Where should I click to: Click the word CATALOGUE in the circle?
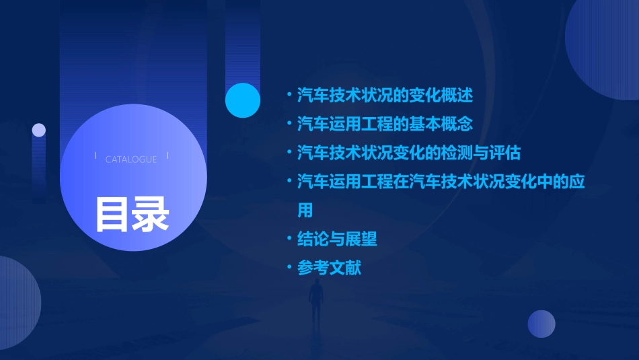pyautogui.click(x=131, y=159)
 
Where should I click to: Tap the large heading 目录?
pyautogui.click(x=132, y=214)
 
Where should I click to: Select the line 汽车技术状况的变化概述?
pyautogui.click(x=385, y=95)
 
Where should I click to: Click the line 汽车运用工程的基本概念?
pyautogui.click(x=385, y=124)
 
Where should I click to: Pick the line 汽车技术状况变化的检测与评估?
pyautogui.click(x=408, y=152)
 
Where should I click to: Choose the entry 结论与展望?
pyautogui.click(x=337, y=239)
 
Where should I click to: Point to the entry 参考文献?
pyautogui.click(x=329, y=268)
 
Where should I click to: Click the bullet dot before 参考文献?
pyautogui.click(x=289, y=268)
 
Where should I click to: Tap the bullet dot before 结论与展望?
pyautogui.click(x=289, y=239)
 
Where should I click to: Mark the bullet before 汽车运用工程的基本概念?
pyautogui.click(x=289, y=124)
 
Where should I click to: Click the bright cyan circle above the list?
pyautogui.click(x=243, y=100)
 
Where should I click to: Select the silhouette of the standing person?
pyautogui.click(x=316, y=303)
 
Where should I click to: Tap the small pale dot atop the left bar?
pyautogui.click(x=39, y=130)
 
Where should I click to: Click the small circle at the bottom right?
pyautogui.click(x=541, y=324)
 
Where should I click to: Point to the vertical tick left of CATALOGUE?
pyautogui.click(x=96, y=155)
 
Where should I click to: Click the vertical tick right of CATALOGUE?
pyautogui.click(x=167, y=155)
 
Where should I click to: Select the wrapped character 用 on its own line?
pyautogui.click(x=305, y=210)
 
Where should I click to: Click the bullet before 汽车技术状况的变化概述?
pyautogui.click(x=289, y=95)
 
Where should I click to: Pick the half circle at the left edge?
pyautogui.click(x=17, y=303)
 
